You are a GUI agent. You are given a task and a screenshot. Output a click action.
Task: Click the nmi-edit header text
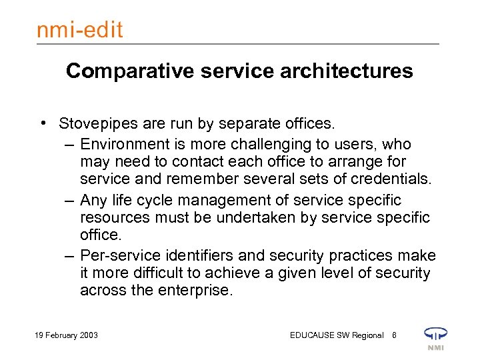click(x=81, y=29)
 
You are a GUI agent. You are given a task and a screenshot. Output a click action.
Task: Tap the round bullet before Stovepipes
click(x=43, y=124)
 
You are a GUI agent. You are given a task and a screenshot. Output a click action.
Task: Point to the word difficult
click(x=169, y=273)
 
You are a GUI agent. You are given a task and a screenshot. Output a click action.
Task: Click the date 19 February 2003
click(x=65, y=335)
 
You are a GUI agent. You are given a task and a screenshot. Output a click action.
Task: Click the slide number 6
click(x=394, y=335)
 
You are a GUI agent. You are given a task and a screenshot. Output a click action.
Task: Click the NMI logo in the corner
click(x=436, y=337)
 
